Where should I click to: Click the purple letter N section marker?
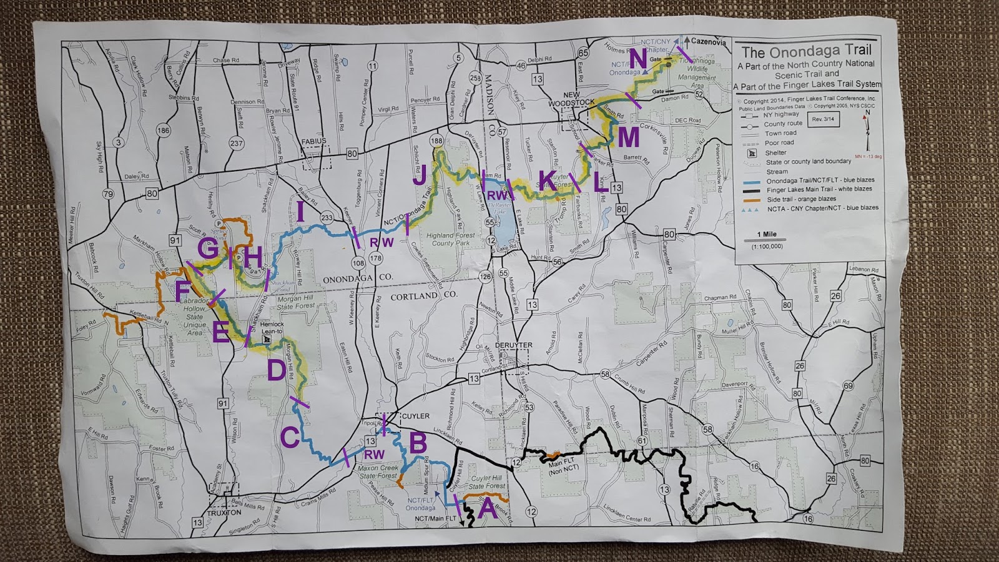pos(638,59)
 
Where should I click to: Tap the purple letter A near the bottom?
pos(488,511)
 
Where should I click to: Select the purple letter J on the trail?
pos(419,175)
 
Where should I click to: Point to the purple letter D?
pos(276,370)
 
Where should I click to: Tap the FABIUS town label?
pos(315,142)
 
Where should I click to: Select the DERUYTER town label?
pos(513,345)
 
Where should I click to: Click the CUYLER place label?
pos(415,416)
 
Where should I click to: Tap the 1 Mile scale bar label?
pos(766,234)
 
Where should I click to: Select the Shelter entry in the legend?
pos(775,152)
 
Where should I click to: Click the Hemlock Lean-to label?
pos(272,328)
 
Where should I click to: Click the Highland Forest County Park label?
pos(451,239)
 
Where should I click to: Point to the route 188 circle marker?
pos(436,142)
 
